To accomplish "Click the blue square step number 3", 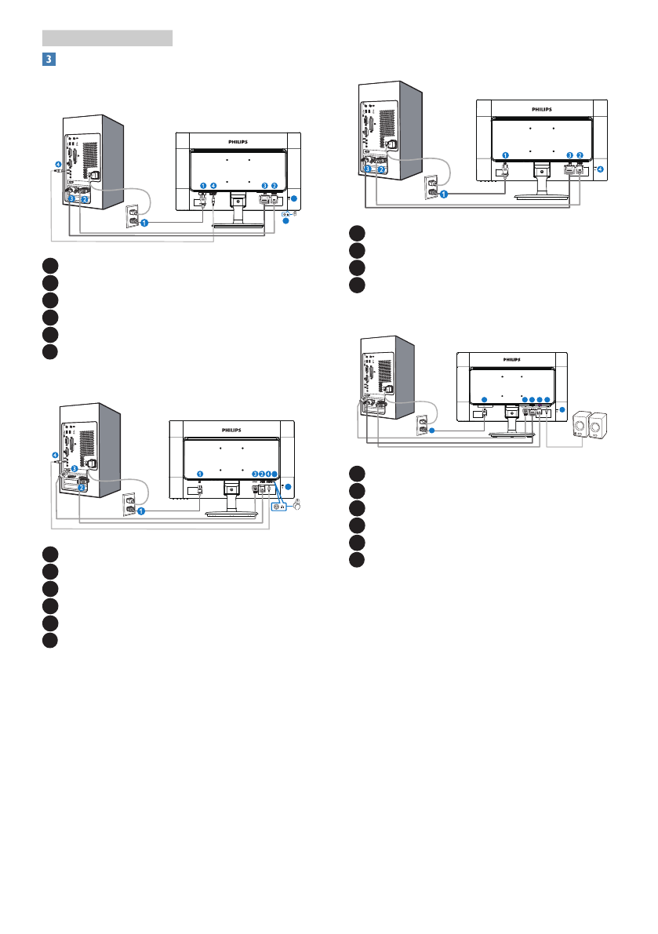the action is tap(49, 59).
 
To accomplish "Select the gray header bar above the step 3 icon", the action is tap(107, 38).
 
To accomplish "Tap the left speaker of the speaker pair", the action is tap(583, 426).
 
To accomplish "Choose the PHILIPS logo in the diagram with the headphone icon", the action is tap(232, 431).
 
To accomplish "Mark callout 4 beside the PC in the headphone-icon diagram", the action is tap(54, 455).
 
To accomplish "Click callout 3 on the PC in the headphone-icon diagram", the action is tap(74, 469).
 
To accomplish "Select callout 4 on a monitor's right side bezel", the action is tap(600, 169).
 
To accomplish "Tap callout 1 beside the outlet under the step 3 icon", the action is tap(145, 223).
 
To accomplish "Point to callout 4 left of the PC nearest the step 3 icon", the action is tap(57, 165).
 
